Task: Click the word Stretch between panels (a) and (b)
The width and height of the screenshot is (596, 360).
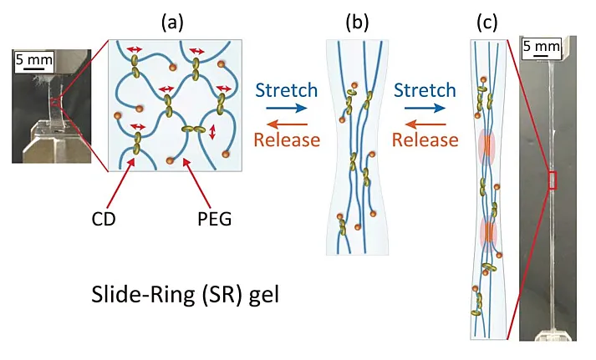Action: (x=286, y=89)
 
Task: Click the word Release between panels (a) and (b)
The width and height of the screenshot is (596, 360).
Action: (x=286, y=138)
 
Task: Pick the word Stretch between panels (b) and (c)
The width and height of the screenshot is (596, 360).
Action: (x=424, y=89)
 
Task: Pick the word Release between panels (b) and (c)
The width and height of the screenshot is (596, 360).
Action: (x=425, y=138)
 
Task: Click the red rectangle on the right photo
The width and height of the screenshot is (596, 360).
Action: (x=552, y=180)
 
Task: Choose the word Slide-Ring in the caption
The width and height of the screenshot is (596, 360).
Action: (x=128, y=295)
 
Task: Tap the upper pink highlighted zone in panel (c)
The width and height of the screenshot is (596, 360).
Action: (x=486, y=148)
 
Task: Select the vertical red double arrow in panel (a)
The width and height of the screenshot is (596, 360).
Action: (x=212, y=132)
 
